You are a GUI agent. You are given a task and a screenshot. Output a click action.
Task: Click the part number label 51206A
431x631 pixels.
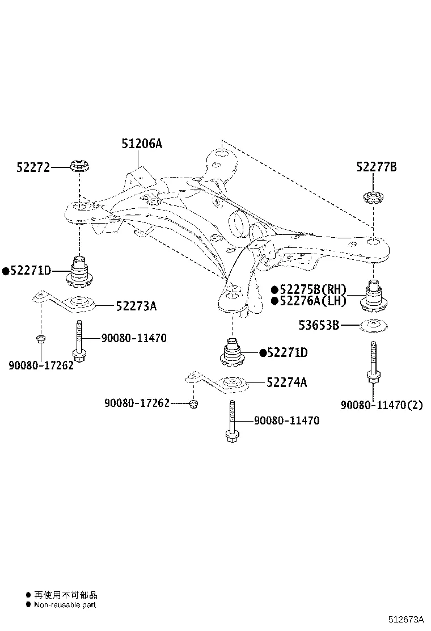[141, 144]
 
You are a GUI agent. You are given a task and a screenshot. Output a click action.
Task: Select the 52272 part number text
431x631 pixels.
[33, 167]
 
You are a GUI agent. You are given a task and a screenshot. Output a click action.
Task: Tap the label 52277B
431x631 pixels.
[376, 167]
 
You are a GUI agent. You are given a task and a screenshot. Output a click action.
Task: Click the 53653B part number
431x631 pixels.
[319, 325]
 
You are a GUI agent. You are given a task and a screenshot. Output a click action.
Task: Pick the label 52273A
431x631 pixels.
[136, 306]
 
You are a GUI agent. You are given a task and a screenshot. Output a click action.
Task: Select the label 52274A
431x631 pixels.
[286, 383]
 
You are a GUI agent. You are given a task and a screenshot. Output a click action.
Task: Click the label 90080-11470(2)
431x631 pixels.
[382, 405]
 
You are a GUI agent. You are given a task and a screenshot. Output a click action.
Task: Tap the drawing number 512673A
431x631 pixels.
[406, 620]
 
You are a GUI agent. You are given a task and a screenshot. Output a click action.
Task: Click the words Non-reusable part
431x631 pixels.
[65, 605]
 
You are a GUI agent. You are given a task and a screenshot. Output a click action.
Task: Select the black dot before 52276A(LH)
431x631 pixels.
[274, 301]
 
